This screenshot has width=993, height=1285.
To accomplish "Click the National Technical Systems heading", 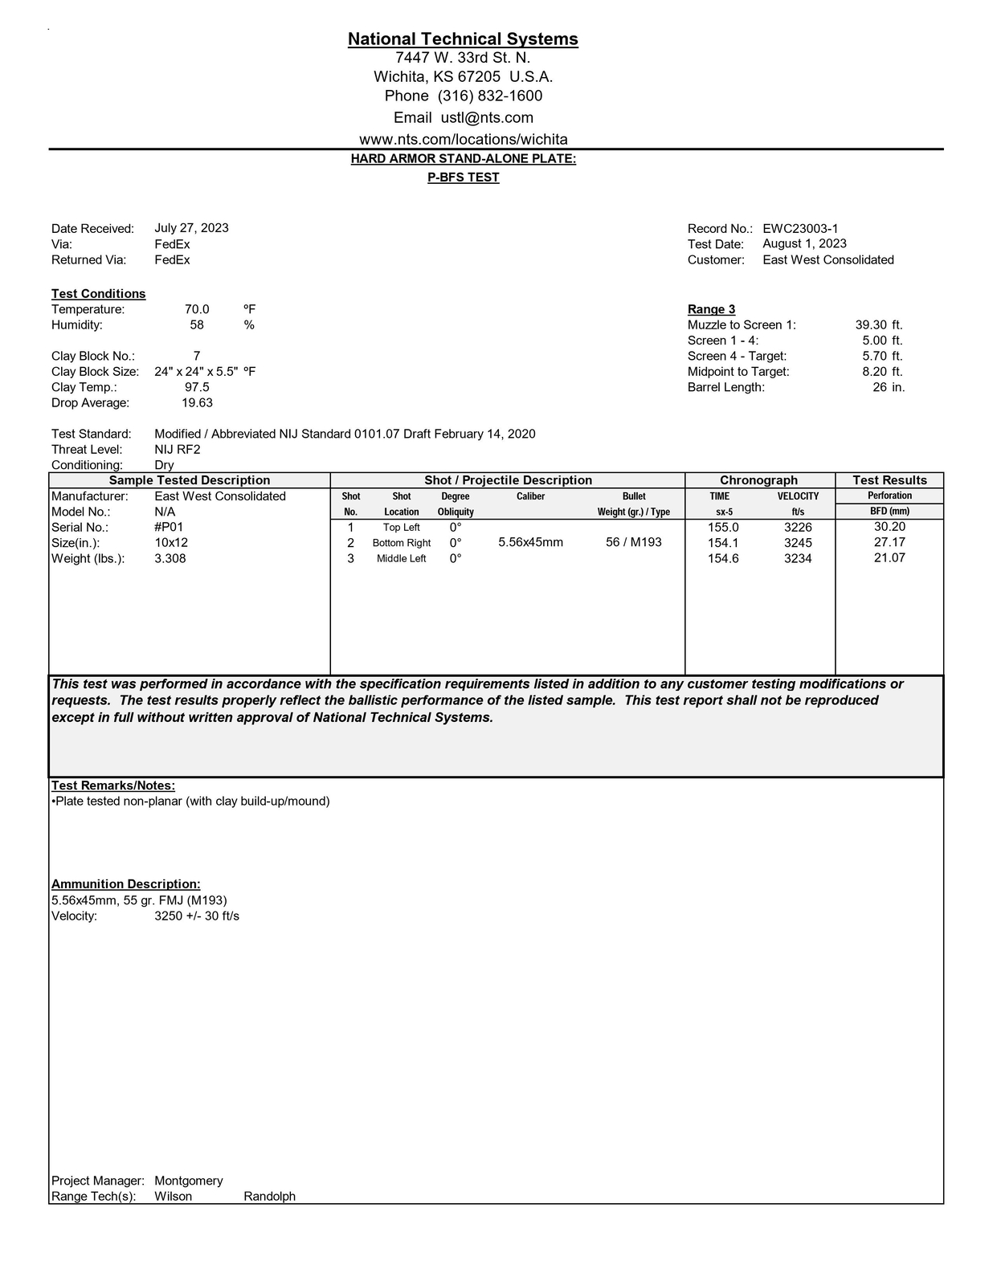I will point(463,39).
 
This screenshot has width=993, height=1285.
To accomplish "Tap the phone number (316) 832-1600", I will point(490,96).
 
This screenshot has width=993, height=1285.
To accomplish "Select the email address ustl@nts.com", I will point(487,117).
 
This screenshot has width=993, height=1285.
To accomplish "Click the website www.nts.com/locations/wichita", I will point(464,139).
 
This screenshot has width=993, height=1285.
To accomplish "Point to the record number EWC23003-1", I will point(800,229).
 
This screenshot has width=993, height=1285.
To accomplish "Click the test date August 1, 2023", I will point(804,243).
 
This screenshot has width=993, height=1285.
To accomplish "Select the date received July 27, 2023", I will point(191,228).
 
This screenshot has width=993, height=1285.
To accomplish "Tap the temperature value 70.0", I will point(197,309).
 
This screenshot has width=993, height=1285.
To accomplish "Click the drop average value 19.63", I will point(197,402).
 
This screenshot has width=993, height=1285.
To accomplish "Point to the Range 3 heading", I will point(711,309).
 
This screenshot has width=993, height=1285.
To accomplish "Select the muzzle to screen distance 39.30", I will point(871,324).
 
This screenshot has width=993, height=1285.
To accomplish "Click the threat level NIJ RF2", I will point(178,449).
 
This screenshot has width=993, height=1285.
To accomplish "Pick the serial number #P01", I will point(170,527).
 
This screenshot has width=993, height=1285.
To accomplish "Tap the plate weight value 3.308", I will point(170,558).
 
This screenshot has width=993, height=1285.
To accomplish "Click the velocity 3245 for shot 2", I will point(798,543).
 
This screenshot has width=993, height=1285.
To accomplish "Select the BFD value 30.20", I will point(889,527).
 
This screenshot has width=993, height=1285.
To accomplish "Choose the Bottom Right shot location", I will point(402,543).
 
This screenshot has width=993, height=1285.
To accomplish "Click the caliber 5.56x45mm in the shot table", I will point(530,542).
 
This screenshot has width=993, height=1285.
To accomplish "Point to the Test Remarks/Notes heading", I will point(113,785).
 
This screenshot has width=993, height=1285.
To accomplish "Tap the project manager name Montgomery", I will point(189,1181).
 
